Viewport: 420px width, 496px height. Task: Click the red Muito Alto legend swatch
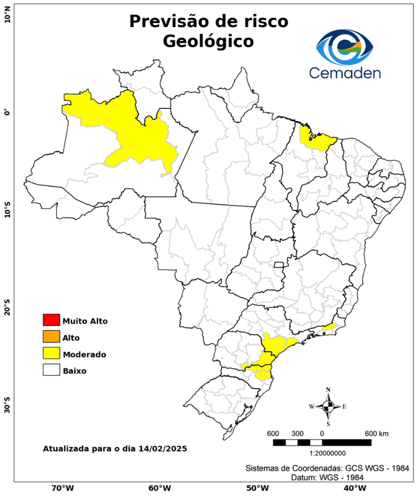click(x=51, y=320)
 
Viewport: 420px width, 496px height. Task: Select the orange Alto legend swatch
click(x=51, y=336)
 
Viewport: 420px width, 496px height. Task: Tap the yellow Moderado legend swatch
click(x=51, y=353)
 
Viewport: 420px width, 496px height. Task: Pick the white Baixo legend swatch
click(x=51, y=370)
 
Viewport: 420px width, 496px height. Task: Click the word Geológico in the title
click(x=208, y=41)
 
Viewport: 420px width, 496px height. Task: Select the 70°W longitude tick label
click(x=62, y=488)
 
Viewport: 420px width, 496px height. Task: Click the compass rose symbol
click(x=328, y=406)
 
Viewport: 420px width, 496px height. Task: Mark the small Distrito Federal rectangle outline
click(x=279, y=264)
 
